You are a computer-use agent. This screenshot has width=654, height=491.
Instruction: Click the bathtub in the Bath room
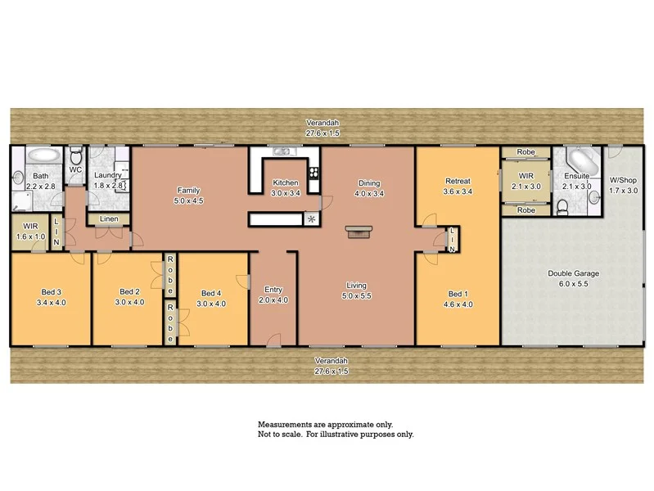click(x=43, y=155)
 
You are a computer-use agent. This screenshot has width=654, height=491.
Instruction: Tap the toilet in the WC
click(x=75, y=155)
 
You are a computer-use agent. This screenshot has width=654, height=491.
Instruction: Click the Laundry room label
click(x=108, y=175)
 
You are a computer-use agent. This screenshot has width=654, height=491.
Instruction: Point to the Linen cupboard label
click(x=108, y=219)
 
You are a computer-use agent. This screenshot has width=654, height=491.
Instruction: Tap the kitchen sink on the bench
click(x=282, y=151)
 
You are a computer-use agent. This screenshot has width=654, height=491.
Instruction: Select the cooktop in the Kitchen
click(x=313, y=174)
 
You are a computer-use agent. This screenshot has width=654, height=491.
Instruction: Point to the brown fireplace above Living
click(x=355, y=232)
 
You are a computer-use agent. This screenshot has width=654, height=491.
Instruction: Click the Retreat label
click(x=457, y=181)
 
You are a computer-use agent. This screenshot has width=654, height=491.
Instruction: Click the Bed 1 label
click(x=457, y=294)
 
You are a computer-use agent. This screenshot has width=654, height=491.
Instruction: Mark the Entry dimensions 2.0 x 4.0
click(x=273, y=300)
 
